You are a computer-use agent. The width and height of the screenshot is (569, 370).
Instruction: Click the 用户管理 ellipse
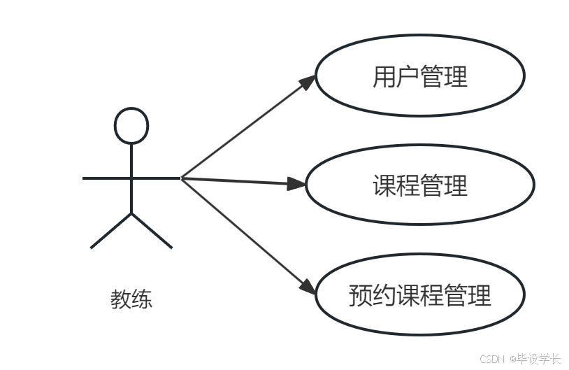[x=419, y=76]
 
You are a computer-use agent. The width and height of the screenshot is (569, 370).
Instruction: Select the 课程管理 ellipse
[x=419, y=185]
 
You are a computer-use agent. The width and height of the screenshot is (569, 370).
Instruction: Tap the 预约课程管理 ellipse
[x=419, y=295]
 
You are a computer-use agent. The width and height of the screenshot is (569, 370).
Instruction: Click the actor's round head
[x=131, y=126]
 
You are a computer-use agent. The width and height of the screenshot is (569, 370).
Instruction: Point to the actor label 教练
[x=131, y=299]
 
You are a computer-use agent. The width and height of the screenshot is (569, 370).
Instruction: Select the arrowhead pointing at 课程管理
[x=299, y=185]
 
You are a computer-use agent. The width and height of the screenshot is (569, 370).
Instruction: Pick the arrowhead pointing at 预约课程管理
[x=308, y=286]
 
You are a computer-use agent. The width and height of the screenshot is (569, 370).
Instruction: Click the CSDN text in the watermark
[x=492, y=358]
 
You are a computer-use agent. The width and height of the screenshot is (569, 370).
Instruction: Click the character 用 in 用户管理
[x=384, y=76]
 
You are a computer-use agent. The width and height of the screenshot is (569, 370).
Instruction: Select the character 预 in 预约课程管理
[x=361, y=295]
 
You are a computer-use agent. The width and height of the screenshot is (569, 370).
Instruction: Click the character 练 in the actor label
[x=142, y=299]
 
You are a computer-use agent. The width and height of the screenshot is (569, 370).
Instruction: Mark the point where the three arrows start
[x=182, y=178]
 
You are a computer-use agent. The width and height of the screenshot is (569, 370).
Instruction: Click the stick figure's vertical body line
[x=131, y=178]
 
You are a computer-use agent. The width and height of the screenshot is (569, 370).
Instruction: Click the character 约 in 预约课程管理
[x=384, y=295]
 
